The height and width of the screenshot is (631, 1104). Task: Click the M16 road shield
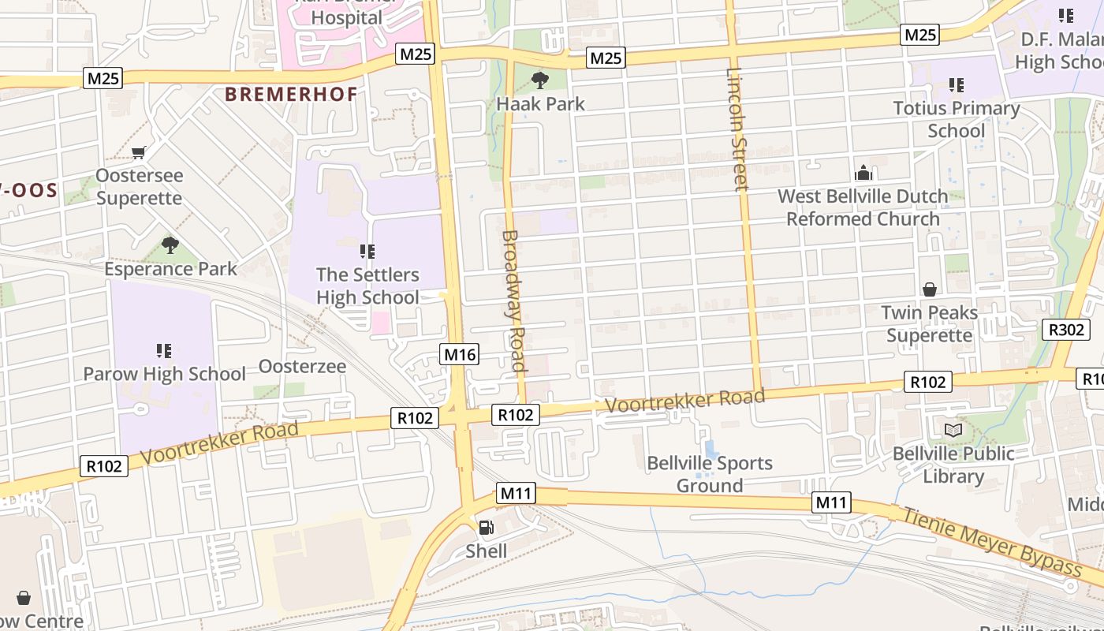coord(460,354)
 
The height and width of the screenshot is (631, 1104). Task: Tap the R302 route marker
coord(1066,330)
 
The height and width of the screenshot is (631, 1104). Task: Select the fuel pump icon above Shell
coord(487,528)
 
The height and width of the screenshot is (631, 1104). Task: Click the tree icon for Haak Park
coord(540,80)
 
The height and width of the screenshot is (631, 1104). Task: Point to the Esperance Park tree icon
coord(170,245)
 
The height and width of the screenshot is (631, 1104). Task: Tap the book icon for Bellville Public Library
coord(953,430)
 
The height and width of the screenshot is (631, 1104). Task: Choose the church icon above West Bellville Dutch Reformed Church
coord(863,172)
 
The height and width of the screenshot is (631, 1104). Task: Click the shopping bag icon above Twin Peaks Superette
coord(930,289)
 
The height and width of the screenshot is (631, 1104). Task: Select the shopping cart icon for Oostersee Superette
coord(139,152)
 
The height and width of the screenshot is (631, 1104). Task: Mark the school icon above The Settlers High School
coord(367,252)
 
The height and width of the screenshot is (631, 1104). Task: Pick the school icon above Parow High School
coord(164,350)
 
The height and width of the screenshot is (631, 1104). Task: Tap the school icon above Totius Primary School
coord(957,84)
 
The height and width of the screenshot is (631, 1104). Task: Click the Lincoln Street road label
coord(737,130)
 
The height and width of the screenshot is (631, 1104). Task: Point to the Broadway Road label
coord(513,301)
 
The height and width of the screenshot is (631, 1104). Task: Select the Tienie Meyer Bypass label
coord(992,542)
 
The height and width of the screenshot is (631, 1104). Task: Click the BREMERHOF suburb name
coord(291,94)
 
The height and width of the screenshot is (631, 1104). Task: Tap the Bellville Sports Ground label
coord(710,474)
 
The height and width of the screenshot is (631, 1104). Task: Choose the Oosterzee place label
coord(302,367)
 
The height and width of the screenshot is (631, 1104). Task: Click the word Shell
coord(487,551)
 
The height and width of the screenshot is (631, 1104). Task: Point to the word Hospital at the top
coord(347,17)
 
